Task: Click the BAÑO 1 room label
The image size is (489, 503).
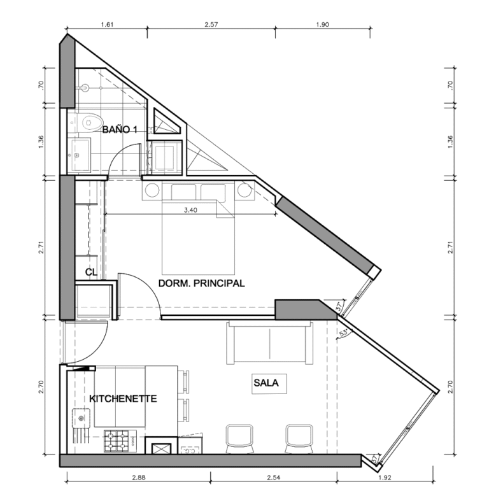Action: point(120,130)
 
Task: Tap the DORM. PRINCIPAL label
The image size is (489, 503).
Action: point(201,283)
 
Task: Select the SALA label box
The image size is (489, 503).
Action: point(269,383)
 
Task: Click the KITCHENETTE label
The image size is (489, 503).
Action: point(123,399)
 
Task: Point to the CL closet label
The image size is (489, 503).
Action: point(91,273)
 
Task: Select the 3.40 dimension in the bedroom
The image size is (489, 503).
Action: point(190,211)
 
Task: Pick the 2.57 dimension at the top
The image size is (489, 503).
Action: point(211,25)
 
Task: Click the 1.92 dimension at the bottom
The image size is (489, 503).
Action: point(385,478)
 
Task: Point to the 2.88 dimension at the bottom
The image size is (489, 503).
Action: point(139,478)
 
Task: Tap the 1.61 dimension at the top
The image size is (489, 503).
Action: point(107,25)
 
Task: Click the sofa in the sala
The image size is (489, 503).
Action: point(269,343)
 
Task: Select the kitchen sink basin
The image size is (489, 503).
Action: point(81,418)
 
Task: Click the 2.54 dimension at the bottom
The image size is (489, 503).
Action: point(274,478)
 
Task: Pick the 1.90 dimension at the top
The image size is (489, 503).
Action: point(322,25)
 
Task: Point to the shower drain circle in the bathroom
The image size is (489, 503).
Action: point(85,88)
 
